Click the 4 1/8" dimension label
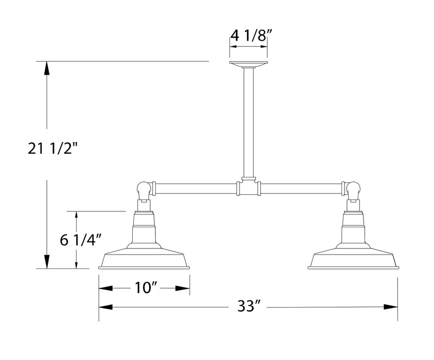248,37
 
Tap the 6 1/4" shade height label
80,241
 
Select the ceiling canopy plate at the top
248,64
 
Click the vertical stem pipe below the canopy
248,123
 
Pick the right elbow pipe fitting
353,190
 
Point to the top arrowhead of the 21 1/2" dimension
47,66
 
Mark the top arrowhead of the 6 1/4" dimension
77,215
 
